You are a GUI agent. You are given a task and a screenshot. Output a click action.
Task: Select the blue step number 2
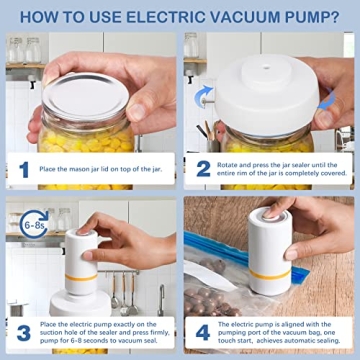[203, 170]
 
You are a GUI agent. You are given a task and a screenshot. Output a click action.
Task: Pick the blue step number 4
[203, 333]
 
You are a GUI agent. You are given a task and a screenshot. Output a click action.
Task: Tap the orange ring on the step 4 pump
[263, 269]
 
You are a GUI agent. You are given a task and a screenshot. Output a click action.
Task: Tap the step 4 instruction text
[280, 333]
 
